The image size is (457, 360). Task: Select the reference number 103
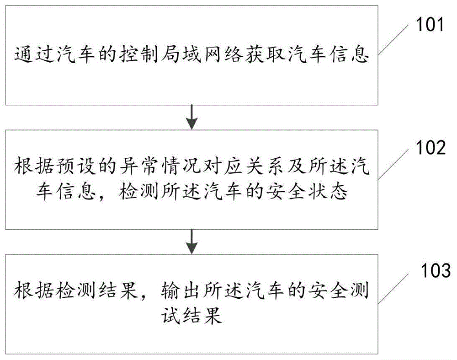[x=433, y=272]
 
